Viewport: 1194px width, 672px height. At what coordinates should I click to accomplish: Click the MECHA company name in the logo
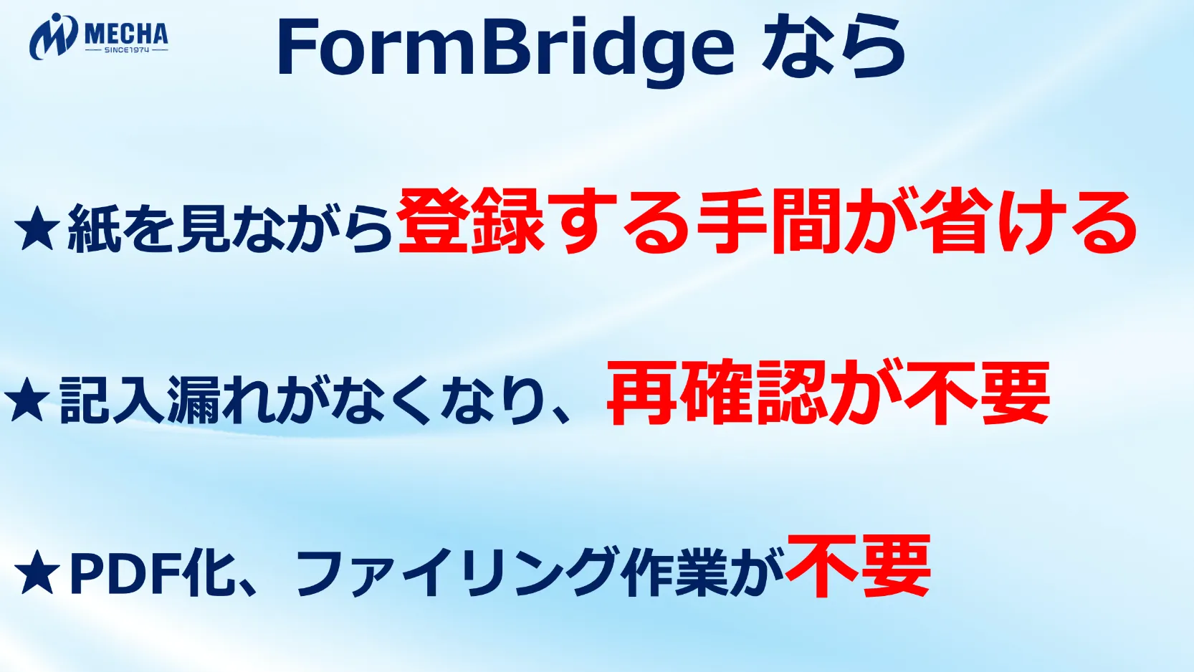tap(126, 34)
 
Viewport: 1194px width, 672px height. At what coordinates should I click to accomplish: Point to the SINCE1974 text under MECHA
tap(127, 50)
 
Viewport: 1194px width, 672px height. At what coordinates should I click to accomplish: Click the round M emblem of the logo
tap(53, 37)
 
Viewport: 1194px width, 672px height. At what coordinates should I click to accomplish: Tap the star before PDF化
tap(37, 572)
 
